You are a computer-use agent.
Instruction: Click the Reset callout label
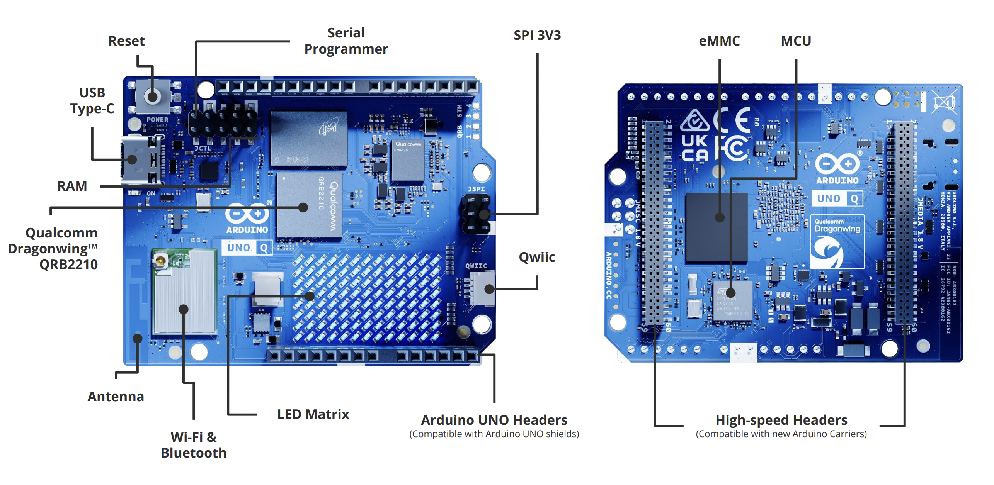coord(126,41)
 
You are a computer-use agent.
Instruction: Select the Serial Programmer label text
coord(346,41)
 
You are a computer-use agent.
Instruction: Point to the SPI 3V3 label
coord(537,35)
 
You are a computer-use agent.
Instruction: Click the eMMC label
coord(719,41)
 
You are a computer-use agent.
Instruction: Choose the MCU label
coord(795,41)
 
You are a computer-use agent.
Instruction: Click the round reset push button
coord(153,96)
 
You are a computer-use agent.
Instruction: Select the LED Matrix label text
coord(313,414)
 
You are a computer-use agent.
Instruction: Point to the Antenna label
coord(116,397)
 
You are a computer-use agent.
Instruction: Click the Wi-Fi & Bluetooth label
coord(193,445)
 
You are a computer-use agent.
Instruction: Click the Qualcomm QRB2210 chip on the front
coord(309,205)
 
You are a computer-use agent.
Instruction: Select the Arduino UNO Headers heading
coord(494,420)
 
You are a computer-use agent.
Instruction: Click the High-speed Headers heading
coord(781,420)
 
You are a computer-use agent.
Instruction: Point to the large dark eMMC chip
coord(716,228)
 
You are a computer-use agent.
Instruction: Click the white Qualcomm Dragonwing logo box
coord(837,242)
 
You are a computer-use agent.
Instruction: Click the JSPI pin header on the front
coord(477,214)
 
